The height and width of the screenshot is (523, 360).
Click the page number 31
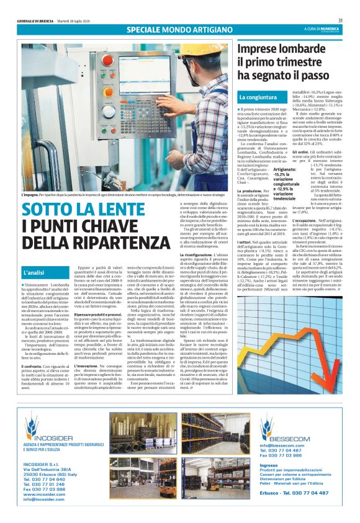[349, 20]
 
